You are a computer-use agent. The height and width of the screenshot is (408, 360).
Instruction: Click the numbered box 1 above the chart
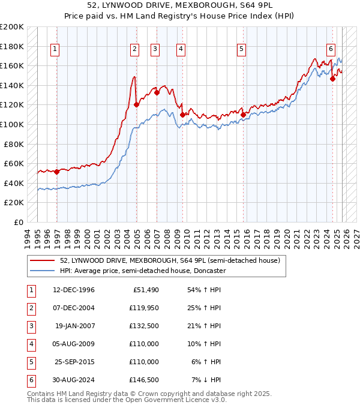[x=55, y=49]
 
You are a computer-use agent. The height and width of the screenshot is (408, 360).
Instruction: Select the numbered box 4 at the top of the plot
[x=181, y=49]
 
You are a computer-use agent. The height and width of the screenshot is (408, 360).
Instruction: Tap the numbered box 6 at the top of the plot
[x=331, y=49]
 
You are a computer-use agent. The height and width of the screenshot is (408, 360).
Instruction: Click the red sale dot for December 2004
[x=136, y=104]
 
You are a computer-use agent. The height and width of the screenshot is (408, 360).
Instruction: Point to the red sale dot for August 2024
[x=332, y=78]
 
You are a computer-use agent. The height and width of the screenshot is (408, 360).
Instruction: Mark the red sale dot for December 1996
[x=57, y=172]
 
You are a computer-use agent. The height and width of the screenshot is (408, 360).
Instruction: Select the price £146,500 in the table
[x=145, y=380]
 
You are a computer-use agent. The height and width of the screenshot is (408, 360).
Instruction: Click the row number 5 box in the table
[x=29, y=362]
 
